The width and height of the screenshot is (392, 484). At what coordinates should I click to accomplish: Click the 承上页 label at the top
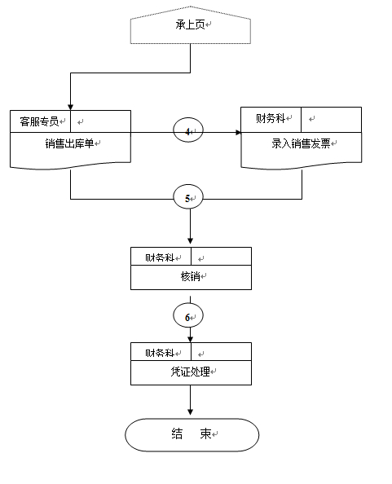tap(190, 24)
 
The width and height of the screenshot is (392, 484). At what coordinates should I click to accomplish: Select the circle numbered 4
tap(188, 130)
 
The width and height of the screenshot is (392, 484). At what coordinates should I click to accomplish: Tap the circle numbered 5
tap(188, 196)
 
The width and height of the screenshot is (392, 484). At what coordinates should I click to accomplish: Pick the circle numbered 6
tap(188, 315)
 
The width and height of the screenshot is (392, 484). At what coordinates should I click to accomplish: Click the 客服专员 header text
tap(39, 121)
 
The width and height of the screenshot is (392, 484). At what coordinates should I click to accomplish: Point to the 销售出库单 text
tap(69, 143)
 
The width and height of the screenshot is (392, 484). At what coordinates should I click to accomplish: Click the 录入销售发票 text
tap(301, 143)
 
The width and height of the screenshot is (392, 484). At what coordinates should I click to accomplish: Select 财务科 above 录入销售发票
tap(271, 118)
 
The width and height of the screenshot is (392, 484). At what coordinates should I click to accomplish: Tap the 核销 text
tap(190, 276)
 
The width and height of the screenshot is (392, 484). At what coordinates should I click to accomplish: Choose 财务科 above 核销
tap(160, 257)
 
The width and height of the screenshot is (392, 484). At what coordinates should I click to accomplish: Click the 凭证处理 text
tap(190, 372)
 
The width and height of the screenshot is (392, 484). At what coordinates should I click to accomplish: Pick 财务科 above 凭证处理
tap(160, 353)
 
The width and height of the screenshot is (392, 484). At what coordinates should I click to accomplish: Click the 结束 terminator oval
tap(192, 435)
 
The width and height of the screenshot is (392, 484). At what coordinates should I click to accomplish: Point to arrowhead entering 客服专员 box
tap(70, 107)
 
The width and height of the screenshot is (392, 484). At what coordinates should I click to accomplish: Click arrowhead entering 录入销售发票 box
tap(238, 133)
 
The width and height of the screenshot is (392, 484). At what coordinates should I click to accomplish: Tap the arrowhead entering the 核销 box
tap(190, 240)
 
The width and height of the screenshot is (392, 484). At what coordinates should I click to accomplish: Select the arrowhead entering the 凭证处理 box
tap(190, 339)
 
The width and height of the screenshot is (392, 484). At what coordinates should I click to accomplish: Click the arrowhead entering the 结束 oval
tap(190, 412)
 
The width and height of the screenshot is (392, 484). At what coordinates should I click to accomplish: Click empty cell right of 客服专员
tap(100, 121)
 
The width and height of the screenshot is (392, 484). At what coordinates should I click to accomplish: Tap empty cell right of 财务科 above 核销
tap(221, 256)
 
